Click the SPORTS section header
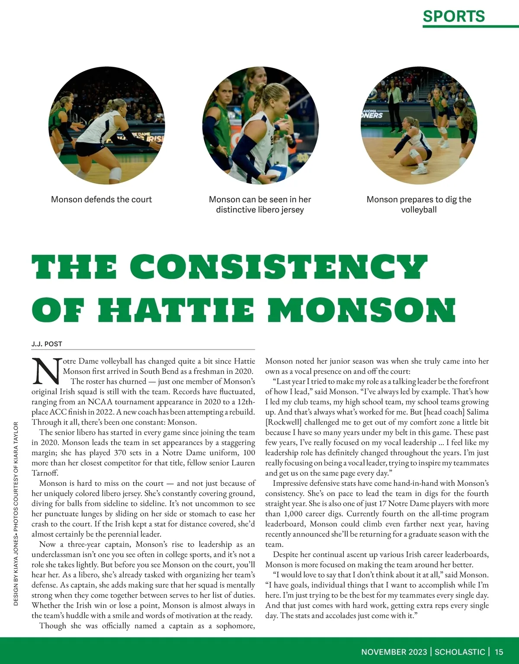[x=454, y=16]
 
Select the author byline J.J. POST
[x=47, y=344]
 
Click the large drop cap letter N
[x=46, y=371]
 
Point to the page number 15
[x=499, y=652]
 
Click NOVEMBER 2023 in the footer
[x=394, y=652]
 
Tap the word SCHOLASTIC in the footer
[x=460, y=652]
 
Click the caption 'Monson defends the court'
[x=102, y=199]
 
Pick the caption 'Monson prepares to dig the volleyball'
[x=419, y=205]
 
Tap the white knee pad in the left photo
[x=115, y=174]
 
